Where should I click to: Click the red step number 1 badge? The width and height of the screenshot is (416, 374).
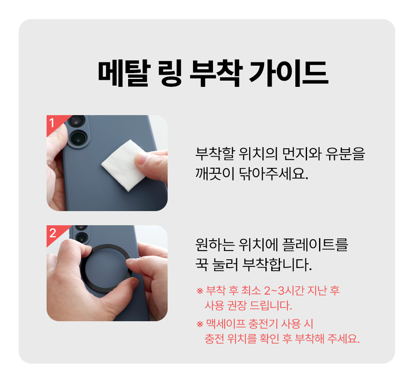coord(52,123)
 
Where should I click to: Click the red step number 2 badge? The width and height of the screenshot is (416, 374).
coord(52,233)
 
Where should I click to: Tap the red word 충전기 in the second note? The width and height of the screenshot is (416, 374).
coord(264,323)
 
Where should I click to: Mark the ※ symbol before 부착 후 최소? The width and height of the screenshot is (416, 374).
coord(199,291)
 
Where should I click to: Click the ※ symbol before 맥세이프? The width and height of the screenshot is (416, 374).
coord(199,324)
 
